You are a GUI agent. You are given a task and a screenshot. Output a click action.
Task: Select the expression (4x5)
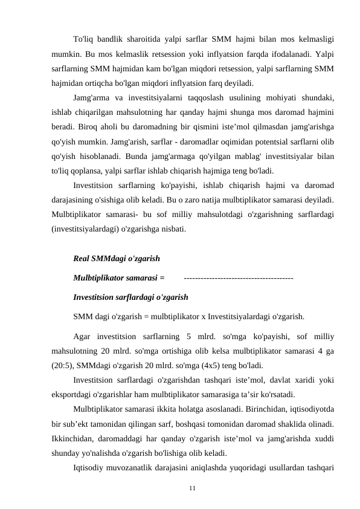tap(227, 365)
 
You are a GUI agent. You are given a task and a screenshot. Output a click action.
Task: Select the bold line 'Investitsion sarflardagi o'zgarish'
tap(130, 297)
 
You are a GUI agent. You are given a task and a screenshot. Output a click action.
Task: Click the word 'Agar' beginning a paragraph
tap(83, 336)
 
